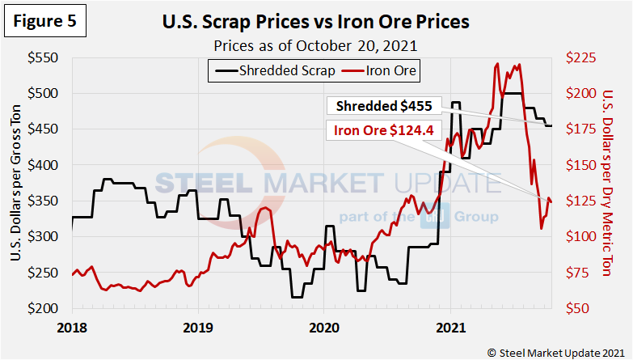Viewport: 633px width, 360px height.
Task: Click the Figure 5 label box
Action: click(x=45, y=22)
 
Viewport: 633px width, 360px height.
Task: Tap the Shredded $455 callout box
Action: click(x=384, y=105)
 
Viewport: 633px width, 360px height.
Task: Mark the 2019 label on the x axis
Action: click(x=198, y=328)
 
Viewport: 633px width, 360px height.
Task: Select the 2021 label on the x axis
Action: click(x=449, y=328)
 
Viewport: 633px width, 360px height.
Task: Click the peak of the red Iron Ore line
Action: click(x=496, y=64)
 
